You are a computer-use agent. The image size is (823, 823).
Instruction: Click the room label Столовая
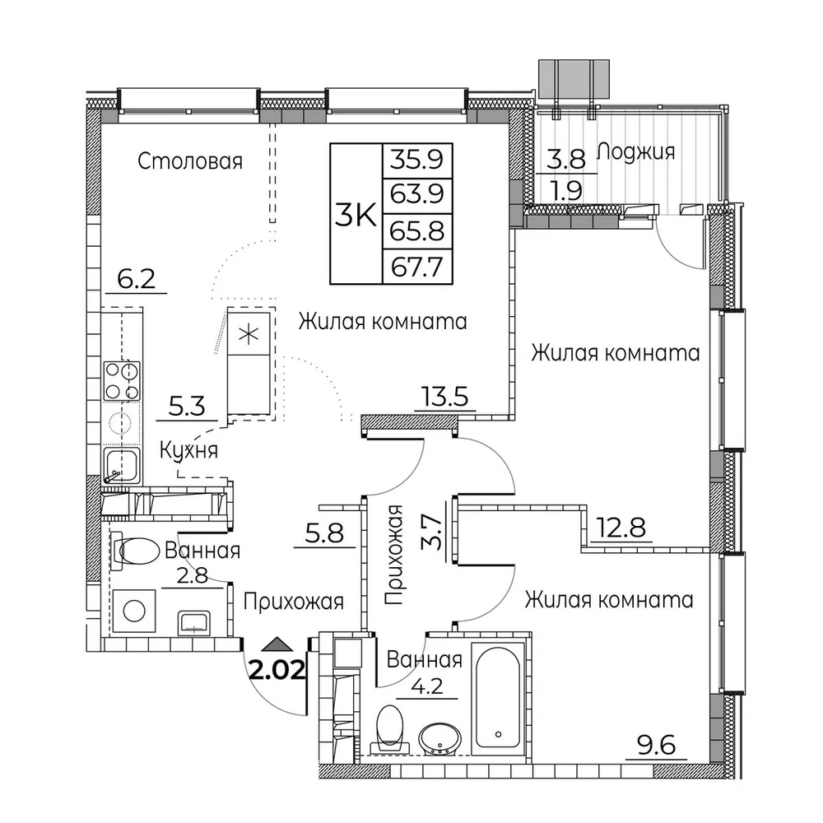[x=190, y=161]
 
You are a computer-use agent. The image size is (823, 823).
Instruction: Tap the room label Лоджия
[x=635, y=152]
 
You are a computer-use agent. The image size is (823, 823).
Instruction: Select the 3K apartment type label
[x=356, y=215]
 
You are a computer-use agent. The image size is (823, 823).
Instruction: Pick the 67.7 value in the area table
[x=417, y=267]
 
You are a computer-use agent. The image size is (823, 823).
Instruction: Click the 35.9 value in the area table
[x=417, y=159]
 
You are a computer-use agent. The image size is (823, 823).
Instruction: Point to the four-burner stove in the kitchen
[x=122, y=381]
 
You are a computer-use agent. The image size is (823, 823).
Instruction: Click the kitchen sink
[x=121, y=466]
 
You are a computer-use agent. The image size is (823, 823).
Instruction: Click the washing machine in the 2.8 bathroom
[x=134, y=611]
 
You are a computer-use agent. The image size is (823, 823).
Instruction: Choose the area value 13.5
[x=445, y=398]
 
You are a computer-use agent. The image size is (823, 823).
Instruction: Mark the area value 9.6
[x=656, y=746]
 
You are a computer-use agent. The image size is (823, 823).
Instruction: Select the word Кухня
[x=188, y=450]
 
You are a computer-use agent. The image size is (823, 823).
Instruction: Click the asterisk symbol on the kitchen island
[x=249, y=334]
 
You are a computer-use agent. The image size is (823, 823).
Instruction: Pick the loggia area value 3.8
[x=566, y=158]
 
